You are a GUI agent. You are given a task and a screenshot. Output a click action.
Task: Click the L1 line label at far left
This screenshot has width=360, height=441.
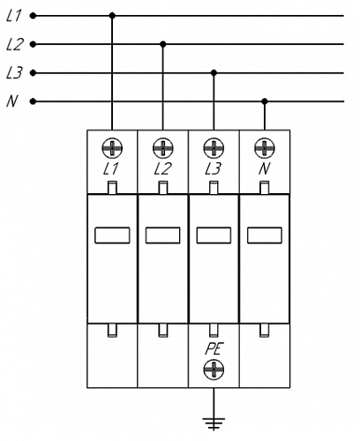coord(13,16)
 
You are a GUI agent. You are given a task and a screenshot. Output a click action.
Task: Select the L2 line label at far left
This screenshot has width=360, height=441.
coord(14,44)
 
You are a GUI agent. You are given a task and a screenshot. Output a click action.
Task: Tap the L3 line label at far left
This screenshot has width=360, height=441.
coord(14,73)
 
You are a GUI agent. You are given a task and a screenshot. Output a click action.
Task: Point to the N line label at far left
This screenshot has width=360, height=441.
coord(11,101)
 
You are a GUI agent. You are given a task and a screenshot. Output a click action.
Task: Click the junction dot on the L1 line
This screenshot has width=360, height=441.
coord(112,16)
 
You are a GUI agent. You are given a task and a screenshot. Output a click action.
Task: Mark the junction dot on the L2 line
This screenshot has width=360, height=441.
coord(163,44)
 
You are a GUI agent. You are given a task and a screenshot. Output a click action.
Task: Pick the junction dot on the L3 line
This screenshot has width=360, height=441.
coord(214,72)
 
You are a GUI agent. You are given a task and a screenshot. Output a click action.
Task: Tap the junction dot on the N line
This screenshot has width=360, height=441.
coord(265,101)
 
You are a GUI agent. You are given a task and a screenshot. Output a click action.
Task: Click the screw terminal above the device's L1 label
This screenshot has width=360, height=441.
coord(112,148)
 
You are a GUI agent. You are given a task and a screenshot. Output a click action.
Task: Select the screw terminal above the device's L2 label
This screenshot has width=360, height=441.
coord(163,148)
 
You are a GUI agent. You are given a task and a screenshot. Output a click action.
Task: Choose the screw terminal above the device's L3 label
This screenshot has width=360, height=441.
coord(214,148)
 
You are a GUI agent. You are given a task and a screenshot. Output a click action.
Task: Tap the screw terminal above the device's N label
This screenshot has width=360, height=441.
coord(265,148)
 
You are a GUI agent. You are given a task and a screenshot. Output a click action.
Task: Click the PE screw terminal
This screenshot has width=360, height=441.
coord(214,370)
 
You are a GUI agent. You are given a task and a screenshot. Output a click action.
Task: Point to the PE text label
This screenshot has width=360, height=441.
coord(214,349)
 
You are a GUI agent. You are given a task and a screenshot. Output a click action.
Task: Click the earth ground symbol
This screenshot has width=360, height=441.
coord(214,424)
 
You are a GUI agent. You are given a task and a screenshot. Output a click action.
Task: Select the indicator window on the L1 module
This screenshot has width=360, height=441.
coord(112,235)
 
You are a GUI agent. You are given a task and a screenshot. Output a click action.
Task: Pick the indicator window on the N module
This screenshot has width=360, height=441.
coord(265,235)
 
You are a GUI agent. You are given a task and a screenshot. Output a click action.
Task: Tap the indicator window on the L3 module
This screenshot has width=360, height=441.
coord(214,235)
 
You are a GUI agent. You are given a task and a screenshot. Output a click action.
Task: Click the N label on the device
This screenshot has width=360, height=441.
coord(265,169)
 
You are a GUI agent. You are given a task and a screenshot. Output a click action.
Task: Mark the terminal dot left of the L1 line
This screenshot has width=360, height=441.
coord(34,16)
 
